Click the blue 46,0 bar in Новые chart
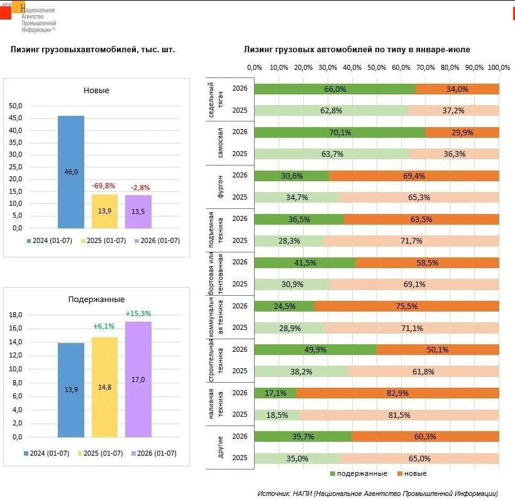click(71, 172)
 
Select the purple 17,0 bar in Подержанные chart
click(138, 380)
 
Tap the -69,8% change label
click(104, 186)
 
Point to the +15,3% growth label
click(138, 313)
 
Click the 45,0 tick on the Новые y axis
click(16, 118)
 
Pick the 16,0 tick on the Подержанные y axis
click(16, 328)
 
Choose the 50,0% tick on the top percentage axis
click(377, 67)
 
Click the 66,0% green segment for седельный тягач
click(335, 89)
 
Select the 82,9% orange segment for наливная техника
click(397, 393)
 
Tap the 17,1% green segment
click(275, 393)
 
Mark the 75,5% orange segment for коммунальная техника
click(407, 306)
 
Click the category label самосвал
click(220, 143)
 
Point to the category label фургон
click(220, 186)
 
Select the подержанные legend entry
click(358, 473)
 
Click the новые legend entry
click(413, 473)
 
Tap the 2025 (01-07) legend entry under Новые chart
click(104, 240)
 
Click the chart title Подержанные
click(97, 300)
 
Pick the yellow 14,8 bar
click(104, 387)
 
